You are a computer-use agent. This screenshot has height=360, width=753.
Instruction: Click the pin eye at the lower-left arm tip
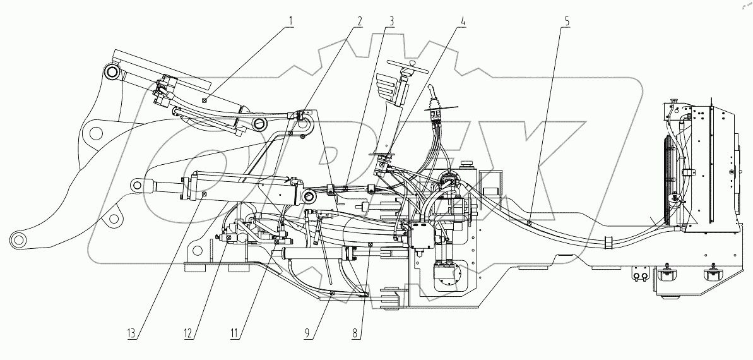[18, 239]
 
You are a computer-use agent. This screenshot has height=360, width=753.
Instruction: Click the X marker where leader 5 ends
[530, 222]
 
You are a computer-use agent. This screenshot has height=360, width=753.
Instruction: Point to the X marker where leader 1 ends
[204, 100]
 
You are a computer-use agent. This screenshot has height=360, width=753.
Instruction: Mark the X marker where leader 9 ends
[332, 292]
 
